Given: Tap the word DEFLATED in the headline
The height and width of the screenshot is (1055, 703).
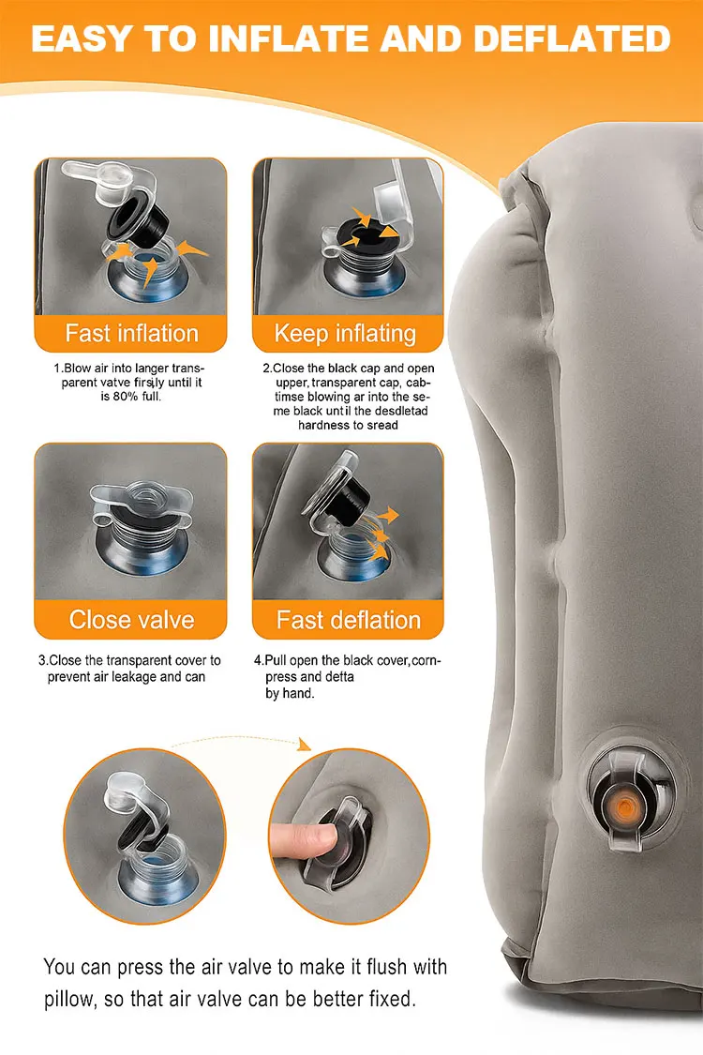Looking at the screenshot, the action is pyautogui.click(x=572, y=38).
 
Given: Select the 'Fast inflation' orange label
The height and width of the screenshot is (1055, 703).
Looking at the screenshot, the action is pyautogui.click(x=131, y=333).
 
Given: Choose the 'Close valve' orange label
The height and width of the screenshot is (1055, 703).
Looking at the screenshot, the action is pyautogui.click(x=131, y=619).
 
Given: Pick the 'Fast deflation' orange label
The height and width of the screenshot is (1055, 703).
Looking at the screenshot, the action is pyautogui.click(x=348, y=619).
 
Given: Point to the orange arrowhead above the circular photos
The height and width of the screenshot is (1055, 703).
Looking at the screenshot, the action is pyautogui.click(x=305, y=745).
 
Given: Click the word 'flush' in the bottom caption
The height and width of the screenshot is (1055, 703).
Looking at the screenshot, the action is pyautogui.click(x=386, y=967).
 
